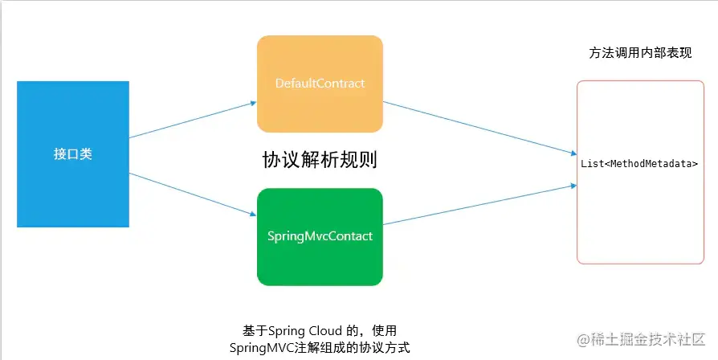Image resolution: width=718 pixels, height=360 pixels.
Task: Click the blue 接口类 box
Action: (x=72, y=153)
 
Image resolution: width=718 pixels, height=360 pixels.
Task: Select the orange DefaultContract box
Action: (x=320, y=84)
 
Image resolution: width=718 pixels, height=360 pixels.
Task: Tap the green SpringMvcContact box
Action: (x=320, y=236)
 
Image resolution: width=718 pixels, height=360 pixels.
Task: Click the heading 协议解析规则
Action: (x=320, y=160)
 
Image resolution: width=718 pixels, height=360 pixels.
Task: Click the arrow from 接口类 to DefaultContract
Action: (x=193, y=120)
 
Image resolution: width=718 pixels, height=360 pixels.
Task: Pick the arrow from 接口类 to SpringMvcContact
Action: (x=193, y=193)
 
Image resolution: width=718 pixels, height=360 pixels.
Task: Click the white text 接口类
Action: (x=72, y=153)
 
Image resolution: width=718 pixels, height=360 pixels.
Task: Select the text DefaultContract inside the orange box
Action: (x=320, y=84)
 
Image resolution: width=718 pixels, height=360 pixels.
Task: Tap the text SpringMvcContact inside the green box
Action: (x=320, y=237)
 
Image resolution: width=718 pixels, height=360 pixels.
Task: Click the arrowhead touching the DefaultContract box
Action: (x=252, y=104)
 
